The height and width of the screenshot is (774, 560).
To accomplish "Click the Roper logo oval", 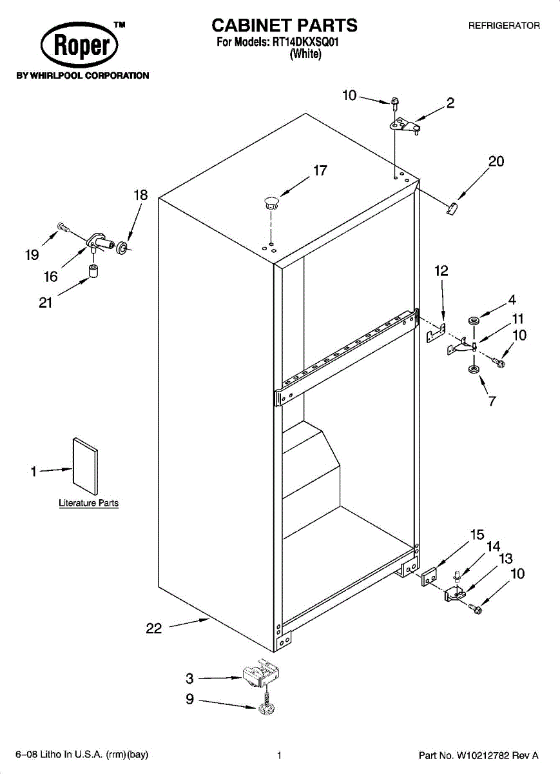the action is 79,45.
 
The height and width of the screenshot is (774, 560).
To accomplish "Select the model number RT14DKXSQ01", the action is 305,42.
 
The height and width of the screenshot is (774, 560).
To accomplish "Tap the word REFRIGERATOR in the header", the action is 504,26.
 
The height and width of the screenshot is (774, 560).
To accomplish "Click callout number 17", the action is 320,170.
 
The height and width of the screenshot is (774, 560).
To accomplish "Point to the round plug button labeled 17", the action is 272,203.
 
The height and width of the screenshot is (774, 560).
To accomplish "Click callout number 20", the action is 496,161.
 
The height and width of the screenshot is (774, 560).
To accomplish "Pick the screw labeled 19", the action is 64,227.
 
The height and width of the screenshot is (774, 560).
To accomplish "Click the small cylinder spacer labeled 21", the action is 93,270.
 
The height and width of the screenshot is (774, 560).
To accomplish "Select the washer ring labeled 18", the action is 122,248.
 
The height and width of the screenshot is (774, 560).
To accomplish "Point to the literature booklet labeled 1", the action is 85,466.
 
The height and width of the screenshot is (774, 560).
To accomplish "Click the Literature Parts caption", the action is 89,503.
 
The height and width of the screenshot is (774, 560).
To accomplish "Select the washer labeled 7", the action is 474,370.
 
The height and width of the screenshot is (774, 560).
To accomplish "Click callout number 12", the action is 441,271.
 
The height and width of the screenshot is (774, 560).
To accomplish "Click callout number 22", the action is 153,628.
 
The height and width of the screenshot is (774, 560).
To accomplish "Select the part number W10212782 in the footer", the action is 483,755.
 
